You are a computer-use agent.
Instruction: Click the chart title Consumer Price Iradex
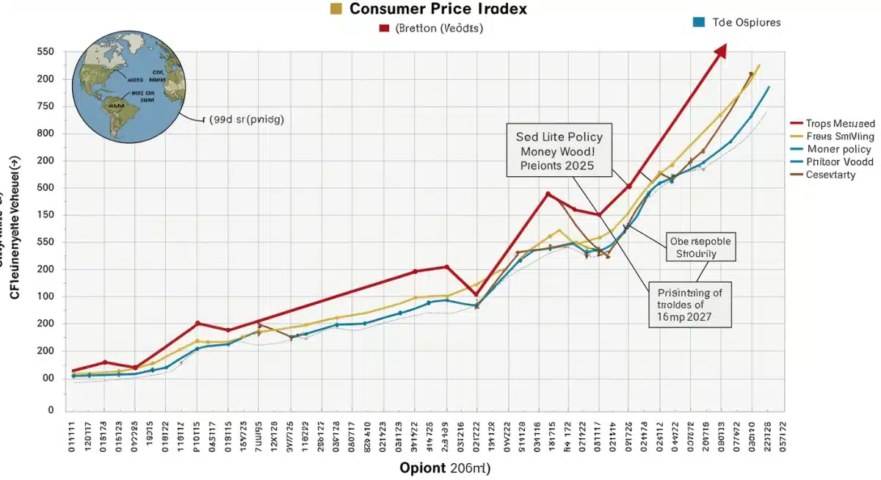[438, 10]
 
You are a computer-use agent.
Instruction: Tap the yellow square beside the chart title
[336, 9]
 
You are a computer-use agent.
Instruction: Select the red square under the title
[383, 29]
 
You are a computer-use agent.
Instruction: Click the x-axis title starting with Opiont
[445, 468]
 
